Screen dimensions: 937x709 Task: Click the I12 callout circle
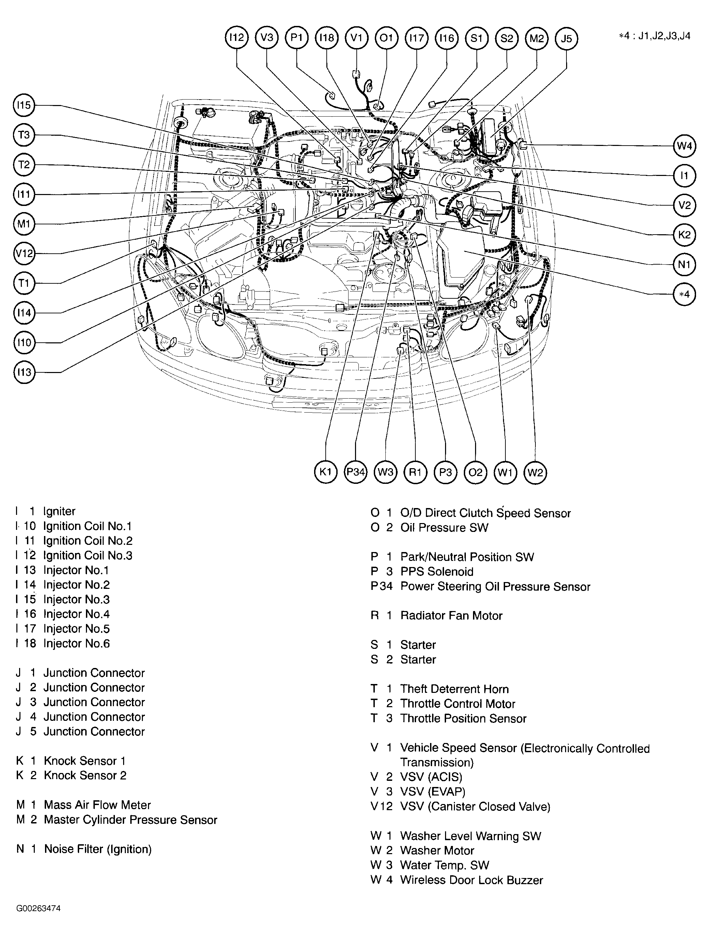(x=236, y=38)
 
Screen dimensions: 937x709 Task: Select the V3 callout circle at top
(x=267, y=38)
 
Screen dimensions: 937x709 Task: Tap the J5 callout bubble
(x=566, y=39)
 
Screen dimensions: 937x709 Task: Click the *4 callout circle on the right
(x=684, y=294)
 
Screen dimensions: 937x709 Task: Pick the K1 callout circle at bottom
(x=325, y=472)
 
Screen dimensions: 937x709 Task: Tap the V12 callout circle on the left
(x=24, y=254)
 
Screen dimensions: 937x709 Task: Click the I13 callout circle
(x=24, y=372)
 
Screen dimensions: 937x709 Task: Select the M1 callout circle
(x=24, y=224)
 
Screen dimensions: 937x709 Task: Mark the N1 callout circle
(x=684, y=265)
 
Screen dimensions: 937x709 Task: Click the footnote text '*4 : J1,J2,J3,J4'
(x=654, y=36)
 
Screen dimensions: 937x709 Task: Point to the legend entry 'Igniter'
(x=59, y=511)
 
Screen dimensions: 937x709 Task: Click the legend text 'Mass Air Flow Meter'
(x=97, y=805)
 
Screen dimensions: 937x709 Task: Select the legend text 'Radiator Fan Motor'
(x=451, y=615)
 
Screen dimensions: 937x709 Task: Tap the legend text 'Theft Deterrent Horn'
(x=454, y=689)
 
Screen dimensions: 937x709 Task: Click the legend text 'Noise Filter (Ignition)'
(x=98, y=849)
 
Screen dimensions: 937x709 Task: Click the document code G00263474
(x=39, y=908)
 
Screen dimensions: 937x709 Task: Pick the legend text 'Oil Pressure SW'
(x=444, y=527)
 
